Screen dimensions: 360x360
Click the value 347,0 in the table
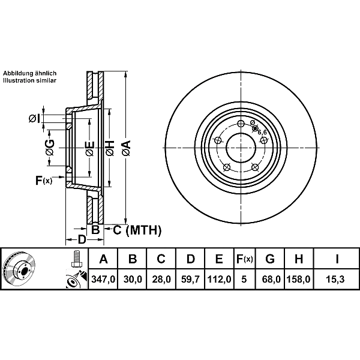tap(103, 280)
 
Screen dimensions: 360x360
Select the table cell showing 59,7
tap(190, 280)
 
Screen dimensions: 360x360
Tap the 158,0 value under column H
tap(298, 280)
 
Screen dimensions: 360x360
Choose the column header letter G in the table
tap(270, 259)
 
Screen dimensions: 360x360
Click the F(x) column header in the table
tap(245, 259)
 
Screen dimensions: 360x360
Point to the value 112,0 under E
tap(219, 280)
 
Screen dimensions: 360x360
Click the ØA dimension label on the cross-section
tap(127, 148)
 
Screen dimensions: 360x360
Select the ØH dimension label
tap(110, 148)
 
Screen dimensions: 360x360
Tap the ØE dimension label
tap(89, 149)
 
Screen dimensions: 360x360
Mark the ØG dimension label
tap(50, 148)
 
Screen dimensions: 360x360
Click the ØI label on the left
tap(34, 119)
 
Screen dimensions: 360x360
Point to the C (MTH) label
tap(137, 230)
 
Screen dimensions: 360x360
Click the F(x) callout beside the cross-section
tap(44, 180)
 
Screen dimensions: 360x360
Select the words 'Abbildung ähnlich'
tap(29, 73)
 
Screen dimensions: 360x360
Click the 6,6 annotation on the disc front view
tap(262, 132)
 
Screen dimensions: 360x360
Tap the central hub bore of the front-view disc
tap(241, 148)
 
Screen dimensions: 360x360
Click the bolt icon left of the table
tap(76, 258)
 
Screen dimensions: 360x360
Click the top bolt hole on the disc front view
tap(241, 124)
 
